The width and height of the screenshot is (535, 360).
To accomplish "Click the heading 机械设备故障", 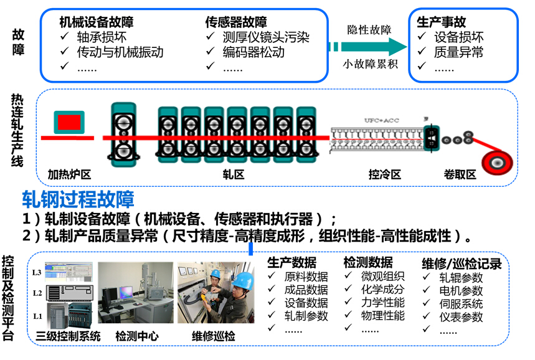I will coord(96,22).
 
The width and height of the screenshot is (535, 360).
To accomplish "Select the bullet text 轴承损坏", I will coord(102,37).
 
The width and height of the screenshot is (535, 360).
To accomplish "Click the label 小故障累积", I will coord(370,64).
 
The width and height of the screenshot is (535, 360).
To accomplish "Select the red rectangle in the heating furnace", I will coord(69,121).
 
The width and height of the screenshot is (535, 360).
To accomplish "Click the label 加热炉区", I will coord(69,174).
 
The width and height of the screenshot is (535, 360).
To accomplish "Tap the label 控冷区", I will coord(384,174).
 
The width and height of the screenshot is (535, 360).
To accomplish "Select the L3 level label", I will coord(37,273).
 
